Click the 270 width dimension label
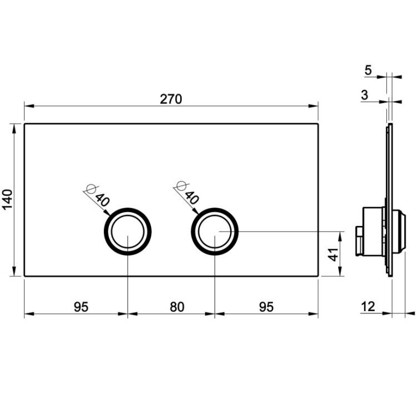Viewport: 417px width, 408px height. [171, 99]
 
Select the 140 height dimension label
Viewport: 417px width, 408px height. [7, 200]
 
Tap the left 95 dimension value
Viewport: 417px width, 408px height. [81, 307]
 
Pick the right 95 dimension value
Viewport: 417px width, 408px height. [266, 307]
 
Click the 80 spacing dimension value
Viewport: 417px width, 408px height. [177, 307]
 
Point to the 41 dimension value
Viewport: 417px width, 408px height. [333, 254]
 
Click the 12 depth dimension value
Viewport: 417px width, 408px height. [368, 307]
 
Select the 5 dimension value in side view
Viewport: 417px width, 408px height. [368, 70]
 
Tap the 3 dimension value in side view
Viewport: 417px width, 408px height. [365, 95]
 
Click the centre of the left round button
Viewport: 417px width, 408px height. [128, 232]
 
